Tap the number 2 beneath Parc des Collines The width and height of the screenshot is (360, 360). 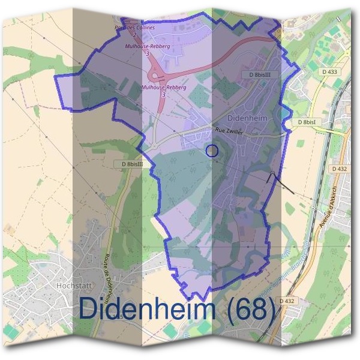(x=135, y=35)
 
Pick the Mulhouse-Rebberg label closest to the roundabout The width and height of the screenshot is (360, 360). (x=164, y=88)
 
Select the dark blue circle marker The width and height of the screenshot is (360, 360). (x=211, y=151)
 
